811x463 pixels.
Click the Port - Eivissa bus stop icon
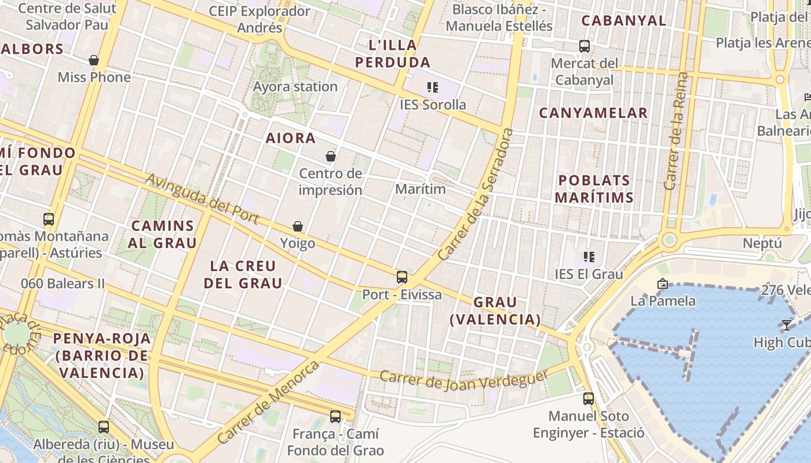(x=402, y=277)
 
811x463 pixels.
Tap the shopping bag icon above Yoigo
(x=298, y=226)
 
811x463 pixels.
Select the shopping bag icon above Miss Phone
(x=94, y=60)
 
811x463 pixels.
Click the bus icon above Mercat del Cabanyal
(x=584, y=46)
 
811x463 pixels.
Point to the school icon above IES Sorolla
(x=432, y=87)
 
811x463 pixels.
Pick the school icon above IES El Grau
(x=589, y=256)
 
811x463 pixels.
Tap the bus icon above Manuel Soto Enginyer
(x=589, y=399)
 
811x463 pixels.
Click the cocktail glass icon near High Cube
(x=786, y=325)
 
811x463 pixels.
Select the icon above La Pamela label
(x=663, y=284)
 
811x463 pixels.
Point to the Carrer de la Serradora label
(x=476, y=194)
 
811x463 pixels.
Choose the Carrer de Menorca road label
(x=269, y=402)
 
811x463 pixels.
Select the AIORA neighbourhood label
(x=291, y=138)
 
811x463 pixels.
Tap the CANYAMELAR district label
(x=593, y=113)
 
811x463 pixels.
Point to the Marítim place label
(x=421, y=189)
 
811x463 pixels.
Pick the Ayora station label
(x=295, y=87)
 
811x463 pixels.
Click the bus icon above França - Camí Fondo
(x=335, y=417)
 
